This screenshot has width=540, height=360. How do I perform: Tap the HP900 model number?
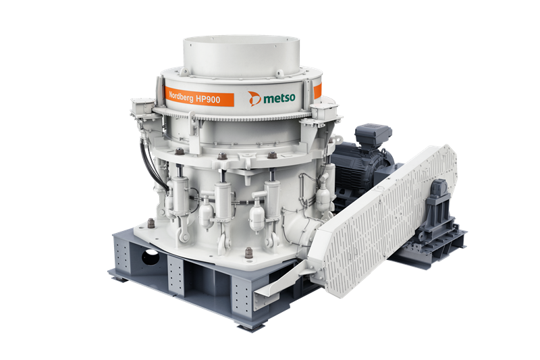point(208,99)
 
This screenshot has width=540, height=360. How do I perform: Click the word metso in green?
point(279,99)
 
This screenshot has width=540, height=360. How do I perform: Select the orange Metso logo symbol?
point(254,99)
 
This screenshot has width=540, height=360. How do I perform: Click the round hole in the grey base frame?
point(151,257)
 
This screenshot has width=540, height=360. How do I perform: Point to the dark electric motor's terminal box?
point(373,135)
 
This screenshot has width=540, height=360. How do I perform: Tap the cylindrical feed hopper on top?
point(241,56)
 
